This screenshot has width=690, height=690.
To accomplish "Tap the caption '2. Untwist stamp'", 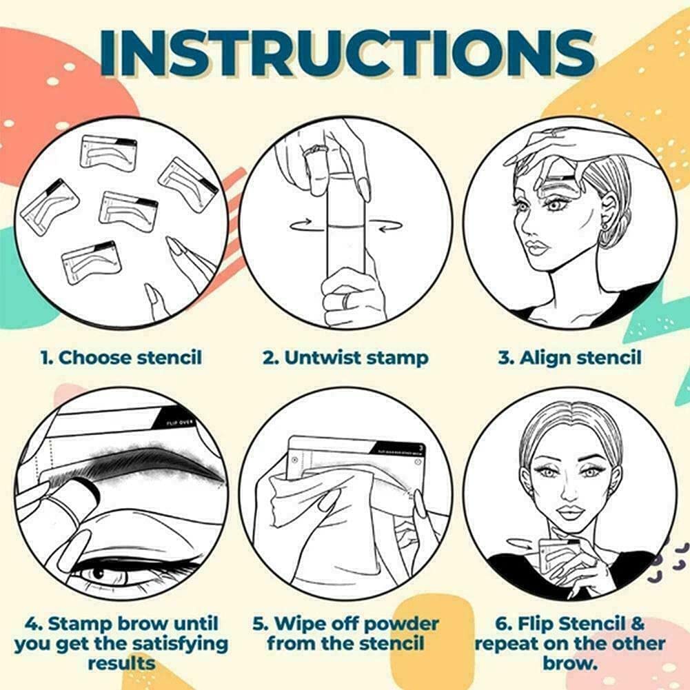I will [345, 358].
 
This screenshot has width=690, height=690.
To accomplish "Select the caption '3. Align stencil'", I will [569, 358].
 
